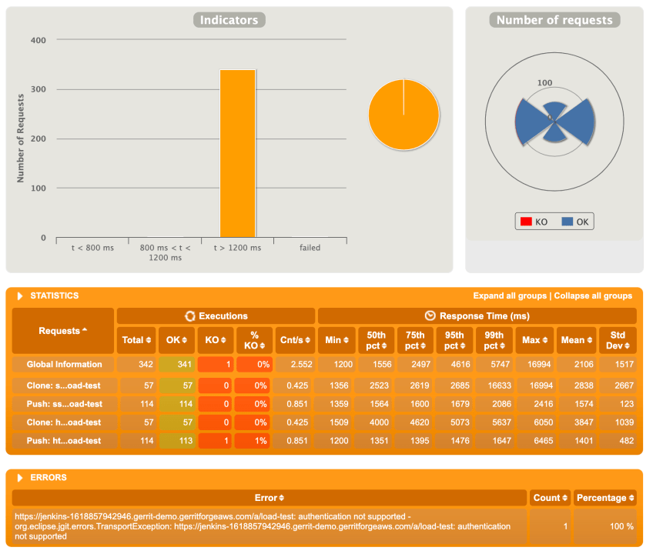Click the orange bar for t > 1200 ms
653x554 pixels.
[x=237, y=154]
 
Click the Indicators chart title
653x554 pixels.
[x=229, y=21]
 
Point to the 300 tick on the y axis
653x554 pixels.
[x=39, y=90]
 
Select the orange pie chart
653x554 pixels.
[x=404, y=115]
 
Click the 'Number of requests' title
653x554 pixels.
[x=554, y=21]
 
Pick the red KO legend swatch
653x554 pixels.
[x=527, y=222]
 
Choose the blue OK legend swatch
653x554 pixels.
[x=568, y=222]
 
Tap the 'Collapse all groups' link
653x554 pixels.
[x=593, y=296]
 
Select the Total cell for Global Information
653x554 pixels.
[x=135, y=365]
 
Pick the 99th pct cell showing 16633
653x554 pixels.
[x=496, y=385]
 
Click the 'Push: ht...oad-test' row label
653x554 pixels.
[x=63, y=441]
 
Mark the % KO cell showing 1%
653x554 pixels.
[x=254, y=441]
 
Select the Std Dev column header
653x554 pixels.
[x=618, y=340]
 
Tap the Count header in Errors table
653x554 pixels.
[x=550, y=498]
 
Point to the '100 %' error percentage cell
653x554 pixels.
[x=604, y=526]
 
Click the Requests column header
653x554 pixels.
[x=63, y=331]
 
